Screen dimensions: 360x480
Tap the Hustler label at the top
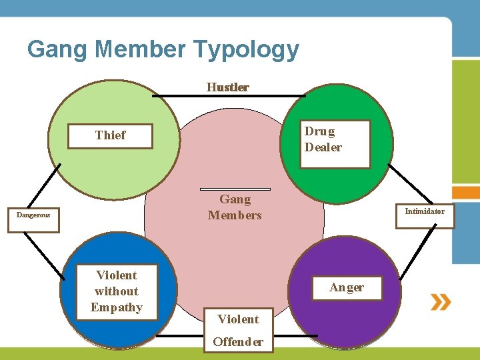click(x=228, y=87)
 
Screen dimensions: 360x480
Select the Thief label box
click(x=110, y=135)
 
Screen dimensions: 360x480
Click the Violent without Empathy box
click(x=116, y=292)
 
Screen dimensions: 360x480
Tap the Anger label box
click(x=347, y=288)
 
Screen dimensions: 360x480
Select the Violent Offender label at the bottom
click(x=238, y=331)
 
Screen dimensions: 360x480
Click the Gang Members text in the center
click(x=235, y=207)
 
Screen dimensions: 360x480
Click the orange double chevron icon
click(x=441, y=302)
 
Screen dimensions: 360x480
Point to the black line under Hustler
click(x=229, y=96)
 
